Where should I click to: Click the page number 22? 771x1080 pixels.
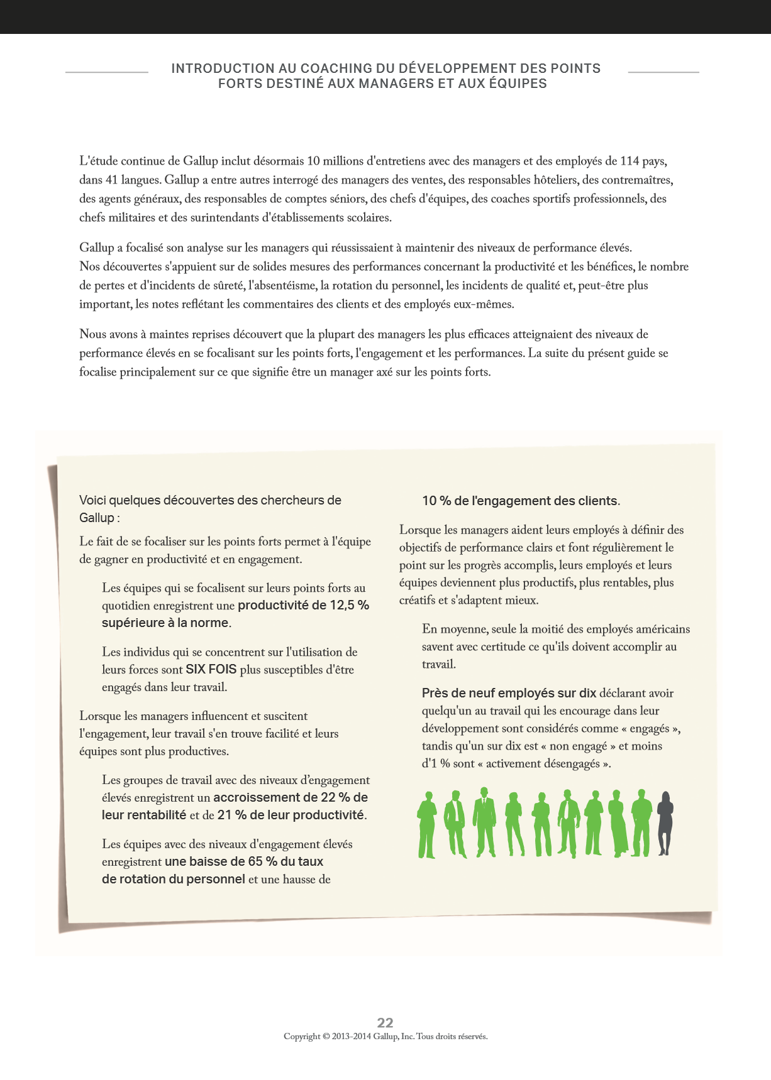[x=385, y=1022]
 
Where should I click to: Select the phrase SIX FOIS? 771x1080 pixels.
[x=211, y=670]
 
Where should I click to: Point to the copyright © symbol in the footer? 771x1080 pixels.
[x=326, y=1037]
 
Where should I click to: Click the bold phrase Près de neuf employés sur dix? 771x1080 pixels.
[x=509, y=694]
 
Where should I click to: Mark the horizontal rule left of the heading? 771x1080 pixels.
[x=107, y=72]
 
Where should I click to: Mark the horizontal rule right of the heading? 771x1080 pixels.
[x=663, y=72]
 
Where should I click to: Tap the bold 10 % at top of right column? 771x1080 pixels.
[x=436, y=501]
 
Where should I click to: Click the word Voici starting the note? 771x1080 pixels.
[x=93, y=501]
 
